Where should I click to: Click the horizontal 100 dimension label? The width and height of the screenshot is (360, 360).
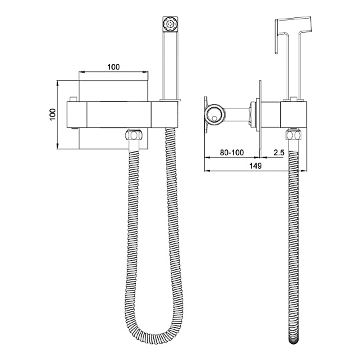click(x=113, y=67)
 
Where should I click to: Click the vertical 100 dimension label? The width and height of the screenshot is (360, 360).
click(x=53, y=115)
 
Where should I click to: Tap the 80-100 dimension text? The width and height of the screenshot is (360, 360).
click(x=232, y=153)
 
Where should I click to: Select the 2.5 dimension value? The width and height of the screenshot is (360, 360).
click(x=279, y=153)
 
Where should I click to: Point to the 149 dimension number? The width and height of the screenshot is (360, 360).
click(x=255, y=165)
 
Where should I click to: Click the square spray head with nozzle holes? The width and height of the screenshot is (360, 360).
click(x=171, y=24)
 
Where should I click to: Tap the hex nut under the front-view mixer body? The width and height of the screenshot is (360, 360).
click(x=134, y=135)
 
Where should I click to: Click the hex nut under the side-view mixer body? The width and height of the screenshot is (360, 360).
click(x=293, y=135)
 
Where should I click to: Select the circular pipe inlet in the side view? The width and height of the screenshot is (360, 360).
click(x=214, y=115)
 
